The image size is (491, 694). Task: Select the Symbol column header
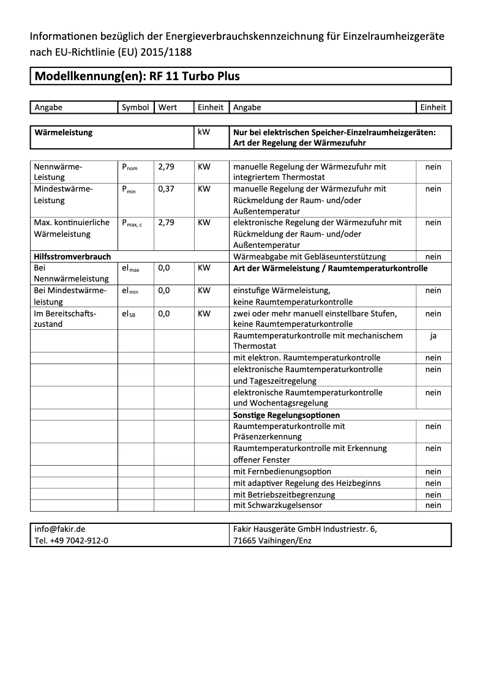(x=135, y=107)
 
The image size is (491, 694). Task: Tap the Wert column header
(x=168, y=107)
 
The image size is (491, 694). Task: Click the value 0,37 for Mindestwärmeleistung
(x=166, y=189)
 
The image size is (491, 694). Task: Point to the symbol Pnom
(x=130, y=167)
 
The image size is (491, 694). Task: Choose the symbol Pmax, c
(x=132, y=223)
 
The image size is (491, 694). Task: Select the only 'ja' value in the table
(x=433, y=335)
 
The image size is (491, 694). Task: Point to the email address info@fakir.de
(x=60, y=529)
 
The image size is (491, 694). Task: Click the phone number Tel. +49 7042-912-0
(x=72, y=540)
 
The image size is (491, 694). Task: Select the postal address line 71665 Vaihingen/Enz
(x=272, y=540)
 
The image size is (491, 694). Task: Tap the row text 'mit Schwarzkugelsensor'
(x=278, y=506)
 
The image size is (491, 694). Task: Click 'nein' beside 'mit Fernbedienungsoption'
(x=433, y=471)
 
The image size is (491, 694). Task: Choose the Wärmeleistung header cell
(x=64, y=132)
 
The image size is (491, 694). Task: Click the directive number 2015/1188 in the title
(x=168, y=53)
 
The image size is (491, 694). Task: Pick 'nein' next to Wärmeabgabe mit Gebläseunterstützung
(x=433, y=257)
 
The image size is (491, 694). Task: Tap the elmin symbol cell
(x=130, y=291)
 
